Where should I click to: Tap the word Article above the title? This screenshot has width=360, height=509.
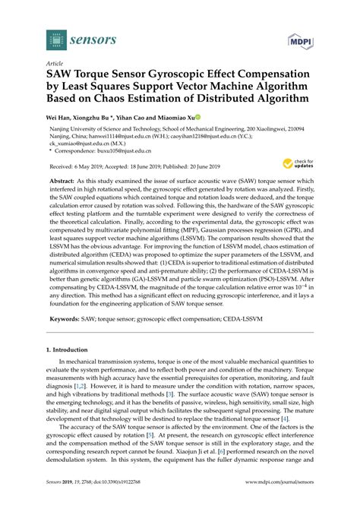point(55,65)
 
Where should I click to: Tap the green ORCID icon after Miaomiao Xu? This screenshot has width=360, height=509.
point(198,119)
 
